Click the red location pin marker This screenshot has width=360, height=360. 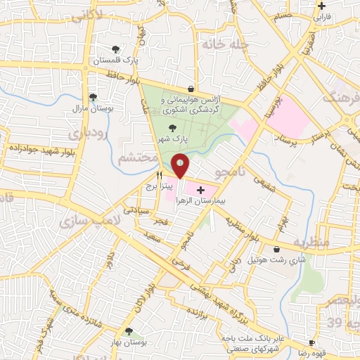(180, 165)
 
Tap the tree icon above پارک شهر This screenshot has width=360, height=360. (172, 128)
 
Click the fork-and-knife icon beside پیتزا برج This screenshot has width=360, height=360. (160, 176)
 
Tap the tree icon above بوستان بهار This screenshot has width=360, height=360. (128, 330)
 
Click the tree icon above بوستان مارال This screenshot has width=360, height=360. (92, 98)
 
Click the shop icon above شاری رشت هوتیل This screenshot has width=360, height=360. (276, 249)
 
